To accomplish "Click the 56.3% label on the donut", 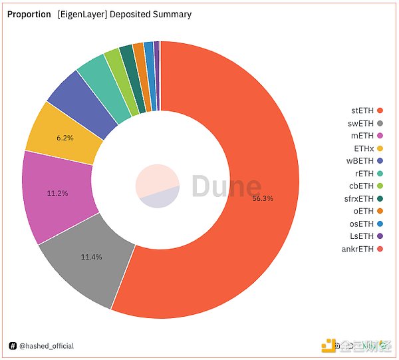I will pos(263,198).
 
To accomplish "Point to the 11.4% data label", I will pos(91,257).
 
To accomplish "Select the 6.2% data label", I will pos(65,137).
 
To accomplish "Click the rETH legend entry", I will pos(368,174).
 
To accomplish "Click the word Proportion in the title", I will pos(29,14).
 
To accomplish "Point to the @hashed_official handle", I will pos(46,346).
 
